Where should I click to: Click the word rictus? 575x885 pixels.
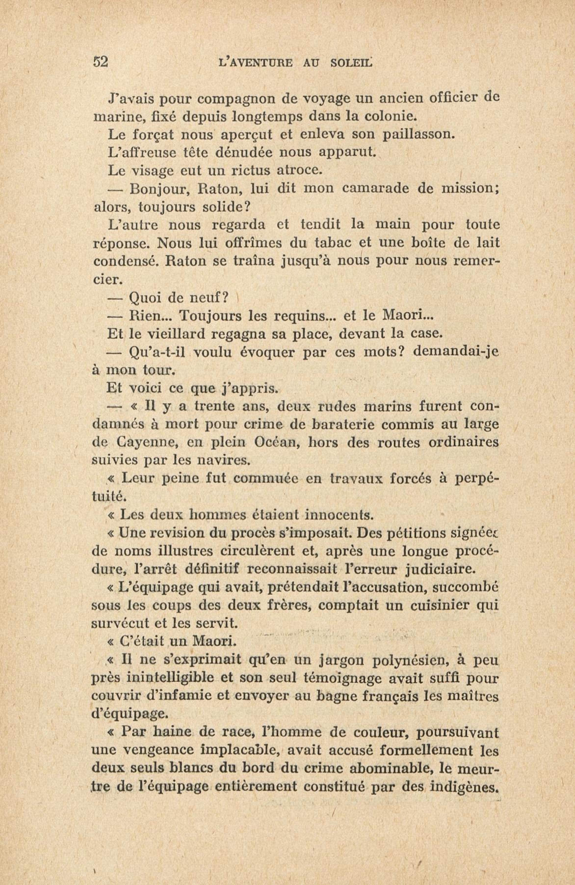click(253, 171)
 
